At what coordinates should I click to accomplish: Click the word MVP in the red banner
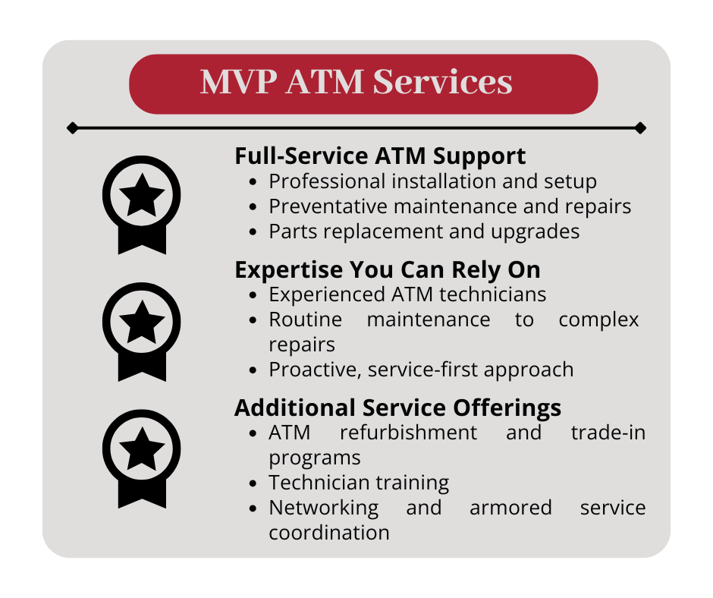point(238,82)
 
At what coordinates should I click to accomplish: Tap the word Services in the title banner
point(442,82)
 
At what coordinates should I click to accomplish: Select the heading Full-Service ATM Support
point(380,156)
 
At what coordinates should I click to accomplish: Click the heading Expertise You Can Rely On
point(388,270)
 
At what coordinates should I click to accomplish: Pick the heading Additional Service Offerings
point(398,408)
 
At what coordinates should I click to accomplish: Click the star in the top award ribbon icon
point(142,196)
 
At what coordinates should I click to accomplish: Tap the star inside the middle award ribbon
point(142,323)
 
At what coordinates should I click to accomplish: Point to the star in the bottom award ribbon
point(142,449)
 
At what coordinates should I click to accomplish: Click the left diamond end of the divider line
point(72,128)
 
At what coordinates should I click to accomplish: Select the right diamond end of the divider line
point(640,128)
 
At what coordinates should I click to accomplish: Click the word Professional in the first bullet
point(327,181)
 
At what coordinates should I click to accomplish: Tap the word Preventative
point(328,206)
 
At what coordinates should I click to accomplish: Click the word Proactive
point(315,370)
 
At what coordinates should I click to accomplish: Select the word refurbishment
point(408,433)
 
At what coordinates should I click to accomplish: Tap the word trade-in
point(608,433)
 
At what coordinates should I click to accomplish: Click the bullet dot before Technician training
point(253,483)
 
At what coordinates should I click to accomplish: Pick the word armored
point(510,508)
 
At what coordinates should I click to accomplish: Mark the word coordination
point(329,533)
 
